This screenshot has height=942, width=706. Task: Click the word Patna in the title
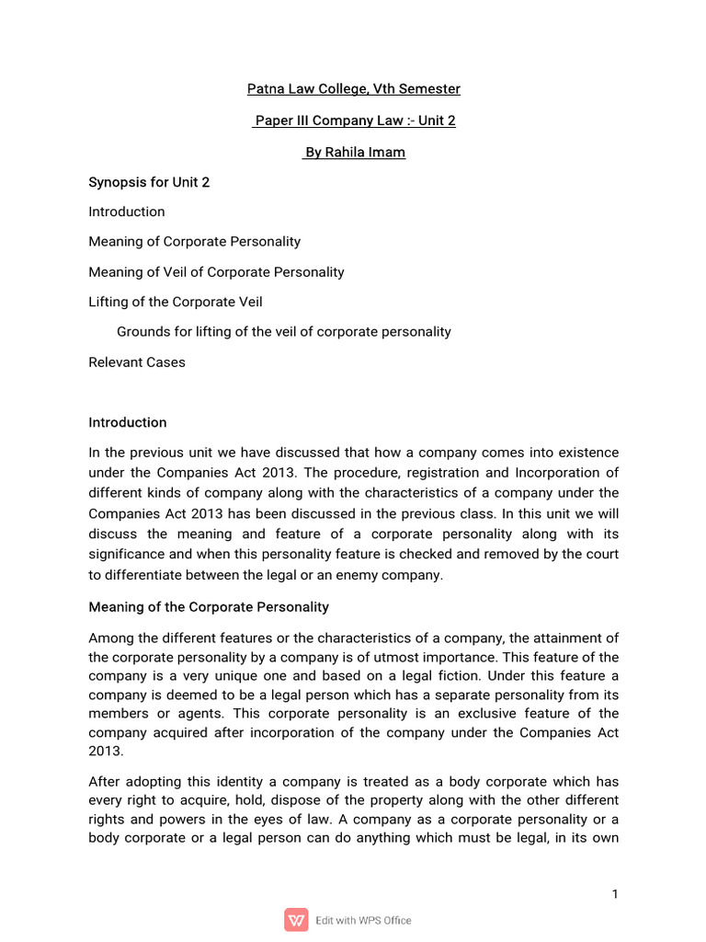click(x=265, y=89)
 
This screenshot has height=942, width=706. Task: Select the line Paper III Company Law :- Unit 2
click(x=354, y=121)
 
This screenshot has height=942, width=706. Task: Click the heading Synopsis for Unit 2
click(x=149, y=182)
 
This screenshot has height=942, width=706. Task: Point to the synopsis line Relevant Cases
click(x=136, y=362)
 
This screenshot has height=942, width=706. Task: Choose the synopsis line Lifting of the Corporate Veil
click(x=175, y=302)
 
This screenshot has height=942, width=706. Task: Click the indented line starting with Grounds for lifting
click(x=283, y=331)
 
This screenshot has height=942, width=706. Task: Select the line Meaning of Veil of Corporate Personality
click(x=216, y=272)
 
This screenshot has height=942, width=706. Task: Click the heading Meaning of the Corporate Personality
click(x=208, y=608)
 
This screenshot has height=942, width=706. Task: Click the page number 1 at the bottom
click(x=614, y=895)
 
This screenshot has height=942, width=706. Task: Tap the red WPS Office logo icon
click(x=296, y=920)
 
